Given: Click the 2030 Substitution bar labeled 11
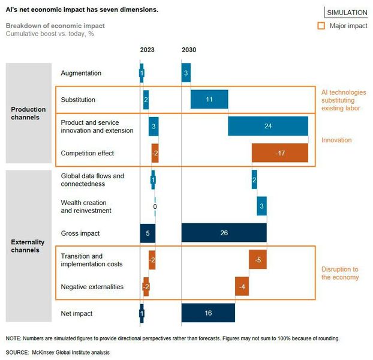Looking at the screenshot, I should pyautogui.click(x=209, y=100).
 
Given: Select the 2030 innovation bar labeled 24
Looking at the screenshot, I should pyautogui.click(x=268, y=127).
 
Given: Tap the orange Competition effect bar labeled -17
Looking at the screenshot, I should pyautogui.click(x=279, y=153).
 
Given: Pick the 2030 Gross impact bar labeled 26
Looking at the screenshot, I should pyautogui.click(x=224, y=233).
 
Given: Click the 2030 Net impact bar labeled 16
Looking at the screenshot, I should pyautogui.click(x=208, y=313).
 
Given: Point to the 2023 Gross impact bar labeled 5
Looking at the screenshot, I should pyautogui.click(x=148, y=233).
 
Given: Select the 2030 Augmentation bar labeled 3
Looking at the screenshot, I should pyautogui.click(x=186, y=73).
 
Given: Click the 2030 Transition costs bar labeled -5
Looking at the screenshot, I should pyautogui.click(x=258, y=259).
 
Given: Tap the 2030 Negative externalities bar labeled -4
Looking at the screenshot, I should pyautogui.click(x=242, y=286).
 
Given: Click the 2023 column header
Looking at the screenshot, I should pyautogui.click(x=148, y=50).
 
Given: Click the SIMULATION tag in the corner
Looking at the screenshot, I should pyautogui.click(x=347, y=13).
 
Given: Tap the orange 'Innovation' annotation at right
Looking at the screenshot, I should pyautogui.click(x=336, y=140).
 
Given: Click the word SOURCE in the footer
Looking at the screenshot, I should pyautogui.click(x=19, y=352).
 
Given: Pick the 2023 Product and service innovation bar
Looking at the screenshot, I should pyautogui.click(x=154, y=127).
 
